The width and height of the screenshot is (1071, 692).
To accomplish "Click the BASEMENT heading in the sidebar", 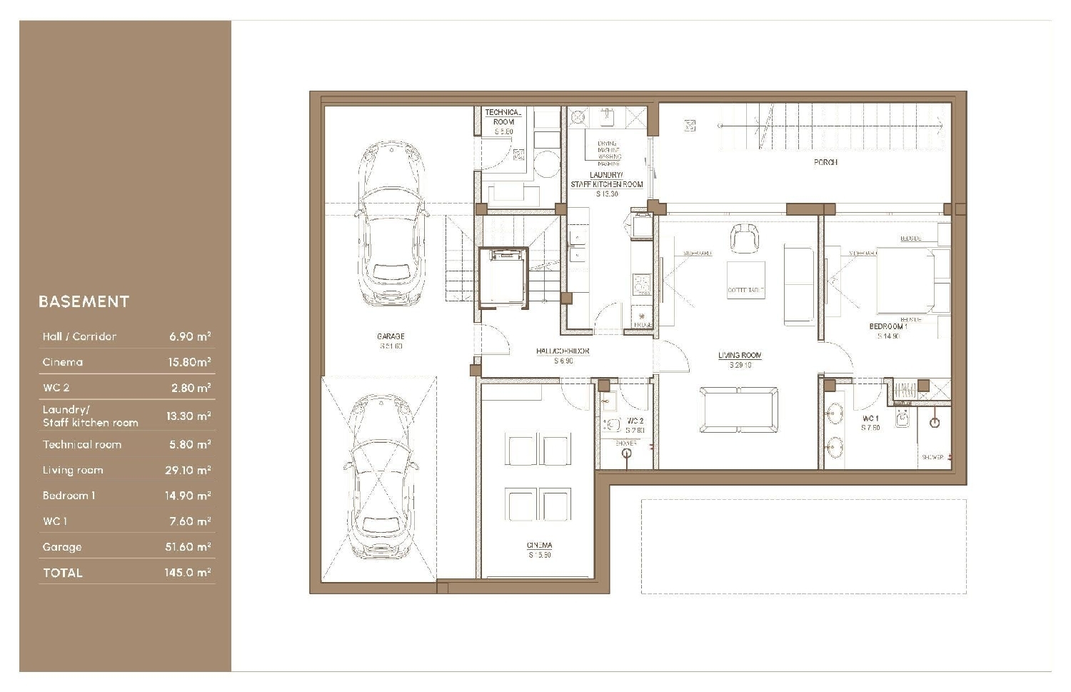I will (84, 301).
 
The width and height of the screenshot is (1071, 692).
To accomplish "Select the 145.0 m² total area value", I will (187, 573).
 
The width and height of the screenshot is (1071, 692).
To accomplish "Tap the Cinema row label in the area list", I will (63, 362).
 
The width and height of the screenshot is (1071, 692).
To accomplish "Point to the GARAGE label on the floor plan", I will (391, 336).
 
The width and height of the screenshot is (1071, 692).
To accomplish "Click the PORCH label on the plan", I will (825, 163).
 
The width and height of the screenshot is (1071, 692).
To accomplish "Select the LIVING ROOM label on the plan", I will (740, 356).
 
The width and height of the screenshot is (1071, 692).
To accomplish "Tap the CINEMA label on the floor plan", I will (540, 546).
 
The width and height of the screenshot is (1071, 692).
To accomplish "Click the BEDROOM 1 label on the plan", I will (888, 327).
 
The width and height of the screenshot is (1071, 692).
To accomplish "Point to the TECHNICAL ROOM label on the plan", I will (503, 117).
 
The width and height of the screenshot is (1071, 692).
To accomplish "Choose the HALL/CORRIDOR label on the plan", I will (563, 351).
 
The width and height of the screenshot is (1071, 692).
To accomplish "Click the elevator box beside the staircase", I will (503, 277).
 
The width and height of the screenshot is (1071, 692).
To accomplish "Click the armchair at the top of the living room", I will (744, 237).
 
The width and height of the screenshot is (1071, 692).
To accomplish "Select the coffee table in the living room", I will (746, 280).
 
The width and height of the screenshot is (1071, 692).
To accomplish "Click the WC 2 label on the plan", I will (635, 421).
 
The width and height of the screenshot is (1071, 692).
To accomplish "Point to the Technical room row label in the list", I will (82, 444).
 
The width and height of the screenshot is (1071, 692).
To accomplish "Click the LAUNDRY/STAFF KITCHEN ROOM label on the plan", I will (606, 180).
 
